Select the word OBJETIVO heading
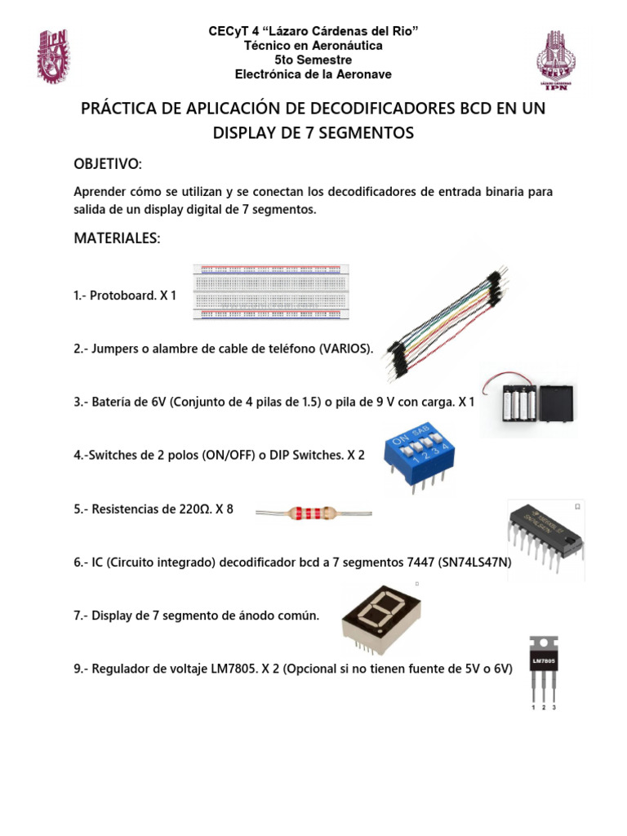(x=108, y=165)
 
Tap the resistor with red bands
(x=313, y=513)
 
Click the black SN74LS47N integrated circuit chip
(x=545, y=531)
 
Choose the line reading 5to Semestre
(x=313, y=60)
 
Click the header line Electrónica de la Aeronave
(x=313, y=74)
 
